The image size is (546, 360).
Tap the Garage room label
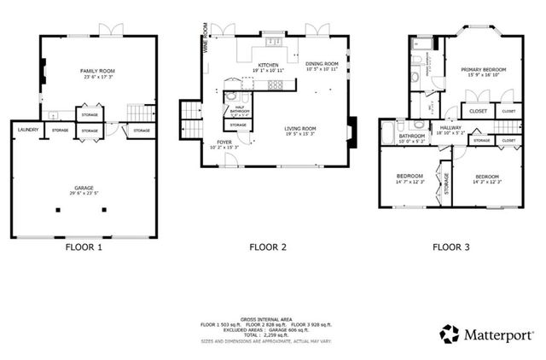(83, 190)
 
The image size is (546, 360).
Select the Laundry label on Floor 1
(26, 130)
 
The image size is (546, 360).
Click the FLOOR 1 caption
(84, 248)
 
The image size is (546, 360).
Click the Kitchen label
(269, 65)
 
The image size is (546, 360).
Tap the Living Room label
(300, 131)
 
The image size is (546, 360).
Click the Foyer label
(224, 142)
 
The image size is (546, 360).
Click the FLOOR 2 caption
(267, 248)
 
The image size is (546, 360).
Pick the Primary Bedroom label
(484, 70)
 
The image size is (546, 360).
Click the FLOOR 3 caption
(451, 248)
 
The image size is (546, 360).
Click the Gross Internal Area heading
(267, 316)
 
